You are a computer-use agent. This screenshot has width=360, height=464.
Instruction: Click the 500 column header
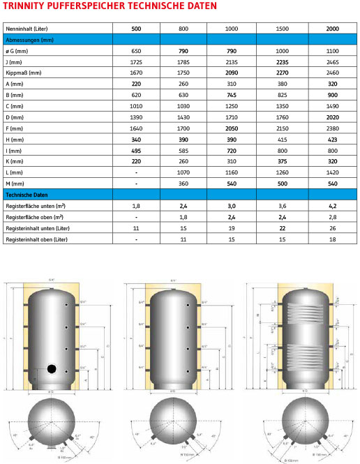[137, 29]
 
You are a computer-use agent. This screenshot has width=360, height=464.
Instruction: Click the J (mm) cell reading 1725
[137, 62]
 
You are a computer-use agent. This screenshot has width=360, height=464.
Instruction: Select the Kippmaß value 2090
[234, 73]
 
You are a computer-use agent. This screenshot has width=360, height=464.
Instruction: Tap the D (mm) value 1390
[137, 118]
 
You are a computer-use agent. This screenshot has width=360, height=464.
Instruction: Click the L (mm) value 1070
[186, 172]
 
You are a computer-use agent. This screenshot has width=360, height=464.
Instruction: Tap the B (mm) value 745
[234, 95]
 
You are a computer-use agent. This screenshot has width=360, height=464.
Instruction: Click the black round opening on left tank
[52, 368]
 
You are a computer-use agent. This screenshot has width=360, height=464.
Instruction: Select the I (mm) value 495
[137, 151]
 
